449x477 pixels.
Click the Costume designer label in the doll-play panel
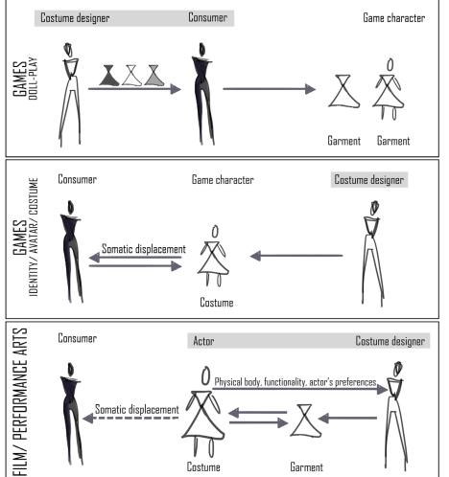point(75,18)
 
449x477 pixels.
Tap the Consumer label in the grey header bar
point(208,17)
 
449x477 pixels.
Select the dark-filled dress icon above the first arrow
point(109,76)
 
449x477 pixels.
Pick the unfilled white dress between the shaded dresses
point(131,76)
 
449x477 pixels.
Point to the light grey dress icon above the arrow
point(154,76)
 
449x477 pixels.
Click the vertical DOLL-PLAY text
point(34,79)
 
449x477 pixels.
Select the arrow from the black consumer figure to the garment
point(270,89)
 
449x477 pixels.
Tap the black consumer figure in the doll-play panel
point(202,94)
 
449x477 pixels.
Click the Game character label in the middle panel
point(223,180)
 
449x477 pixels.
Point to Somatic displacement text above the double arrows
point(144,249)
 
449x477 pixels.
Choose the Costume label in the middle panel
point(217,303)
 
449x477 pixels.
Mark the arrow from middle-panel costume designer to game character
point(296,256)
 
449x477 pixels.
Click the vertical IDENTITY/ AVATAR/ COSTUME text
point(34,237)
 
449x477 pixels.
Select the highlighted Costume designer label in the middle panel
point(369,180)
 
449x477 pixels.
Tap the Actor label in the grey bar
point(203,341)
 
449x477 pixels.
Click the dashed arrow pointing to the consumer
point(130,418)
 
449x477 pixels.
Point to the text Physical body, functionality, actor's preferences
point(295,382)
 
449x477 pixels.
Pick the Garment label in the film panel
point(306,467)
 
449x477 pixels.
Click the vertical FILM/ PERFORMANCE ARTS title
point(20,402)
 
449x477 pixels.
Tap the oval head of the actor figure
point(206,375)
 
